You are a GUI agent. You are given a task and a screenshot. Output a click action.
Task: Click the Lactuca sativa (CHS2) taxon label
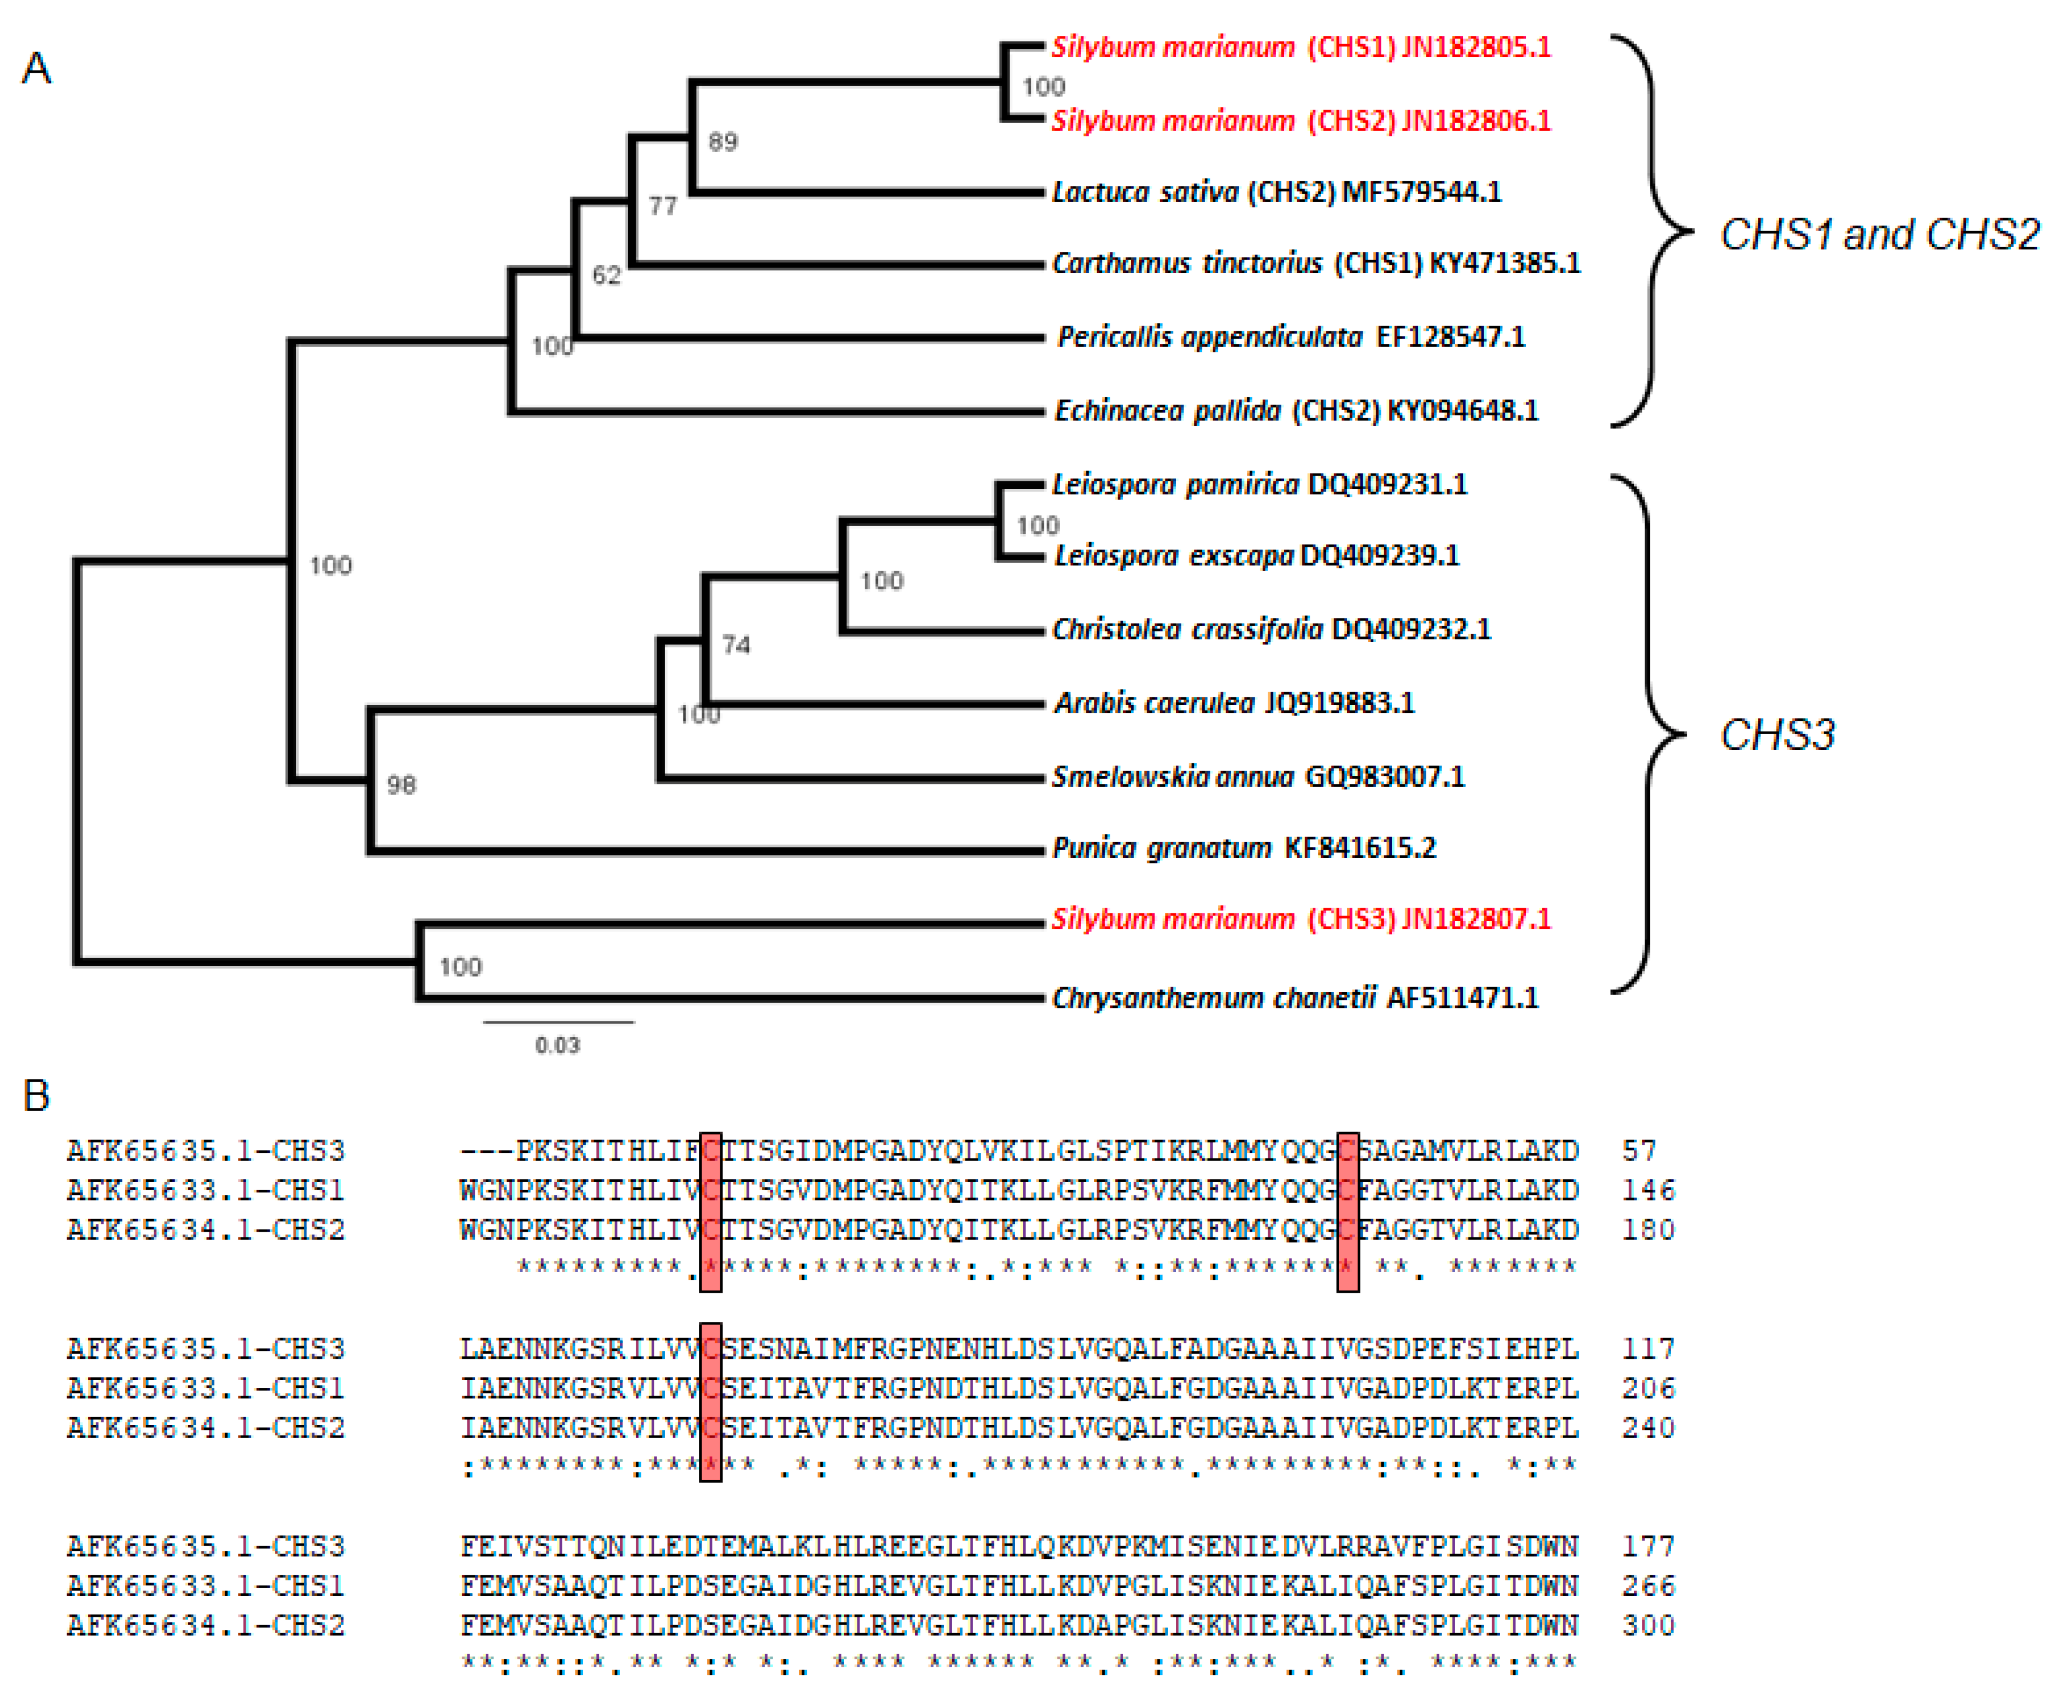tap(1276, 192)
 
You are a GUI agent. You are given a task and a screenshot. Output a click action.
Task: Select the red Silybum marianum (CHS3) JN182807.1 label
tap(1301, 919)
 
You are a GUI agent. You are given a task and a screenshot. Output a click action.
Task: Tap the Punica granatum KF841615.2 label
tap(1244, 848)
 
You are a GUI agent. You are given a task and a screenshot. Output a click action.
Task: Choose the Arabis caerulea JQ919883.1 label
tap(1234, 703)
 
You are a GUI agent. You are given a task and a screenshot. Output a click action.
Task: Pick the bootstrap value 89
tap(723, 142)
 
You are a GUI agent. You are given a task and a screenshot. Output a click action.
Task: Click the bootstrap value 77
tap(663, 205)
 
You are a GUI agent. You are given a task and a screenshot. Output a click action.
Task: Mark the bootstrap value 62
tap(607, 275)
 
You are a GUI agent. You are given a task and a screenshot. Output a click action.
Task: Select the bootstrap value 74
tap(736, 645)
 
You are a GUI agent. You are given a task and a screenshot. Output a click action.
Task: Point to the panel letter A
tap(36, 68)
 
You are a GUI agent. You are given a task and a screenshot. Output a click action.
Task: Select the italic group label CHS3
tap(1777, 735)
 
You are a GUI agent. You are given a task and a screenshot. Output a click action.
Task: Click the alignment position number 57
tap(1639, 1151)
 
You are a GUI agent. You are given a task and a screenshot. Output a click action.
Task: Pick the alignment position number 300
tap(1648, 1626)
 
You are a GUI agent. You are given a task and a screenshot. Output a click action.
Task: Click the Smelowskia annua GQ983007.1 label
tap(1258, 777)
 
